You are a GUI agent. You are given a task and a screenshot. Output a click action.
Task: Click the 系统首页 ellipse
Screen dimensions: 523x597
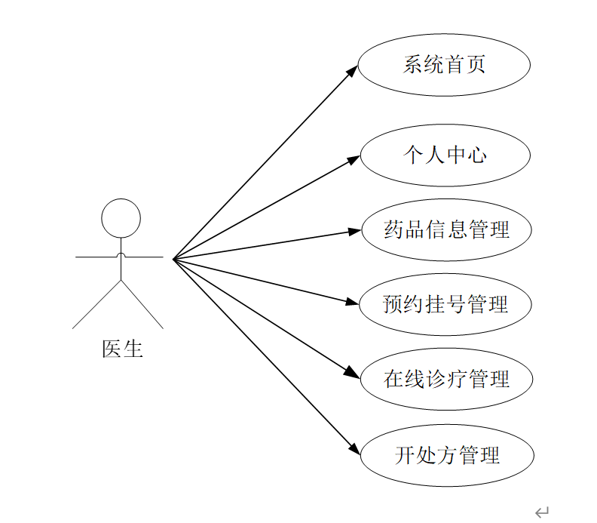444,64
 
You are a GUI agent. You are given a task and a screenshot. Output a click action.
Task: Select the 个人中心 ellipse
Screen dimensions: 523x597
445,155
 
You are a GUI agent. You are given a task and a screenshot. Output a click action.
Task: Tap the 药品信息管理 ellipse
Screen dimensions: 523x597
447,229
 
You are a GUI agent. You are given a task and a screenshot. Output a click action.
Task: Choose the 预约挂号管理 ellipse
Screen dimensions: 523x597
445,304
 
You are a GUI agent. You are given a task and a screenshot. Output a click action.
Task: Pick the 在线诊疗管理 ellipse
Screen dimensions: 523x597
447,379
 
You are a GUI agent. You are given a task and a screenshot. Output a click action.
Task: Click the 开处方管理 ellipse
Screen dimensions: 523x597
447,455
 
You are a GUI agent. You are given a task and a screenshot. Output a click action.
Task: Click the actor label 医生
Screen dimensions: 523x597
122,349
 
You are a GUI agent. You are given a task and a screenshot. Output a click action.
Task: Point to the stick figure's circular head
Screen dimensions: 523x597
121,218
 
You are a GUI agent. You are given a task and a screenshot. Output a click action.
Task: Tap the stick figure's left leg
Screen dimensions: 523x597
96,305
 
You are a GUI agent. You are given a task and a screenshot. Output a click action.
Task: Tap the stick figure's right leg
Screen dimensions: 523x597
142,305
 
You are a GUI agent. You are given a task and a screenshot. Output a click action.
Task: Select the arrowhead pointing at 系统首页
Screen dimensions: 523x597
352,71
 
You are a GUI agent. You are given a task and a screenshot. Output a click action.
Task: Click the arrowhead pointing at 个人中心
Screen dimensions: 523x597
354,159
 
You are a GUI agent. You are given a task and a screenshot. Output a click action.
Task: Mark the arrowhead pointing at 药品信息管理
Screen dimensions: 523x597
355,231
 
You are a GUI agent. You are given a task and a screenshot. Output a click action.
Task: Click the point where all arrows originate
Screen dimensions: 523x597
173,259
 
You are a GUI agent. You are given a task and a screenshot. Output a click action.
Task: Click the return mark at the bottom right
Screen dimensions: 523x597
541,513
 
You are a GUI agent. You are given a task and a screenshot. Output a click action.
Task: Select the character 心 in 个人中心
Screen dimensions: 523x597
477,155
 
